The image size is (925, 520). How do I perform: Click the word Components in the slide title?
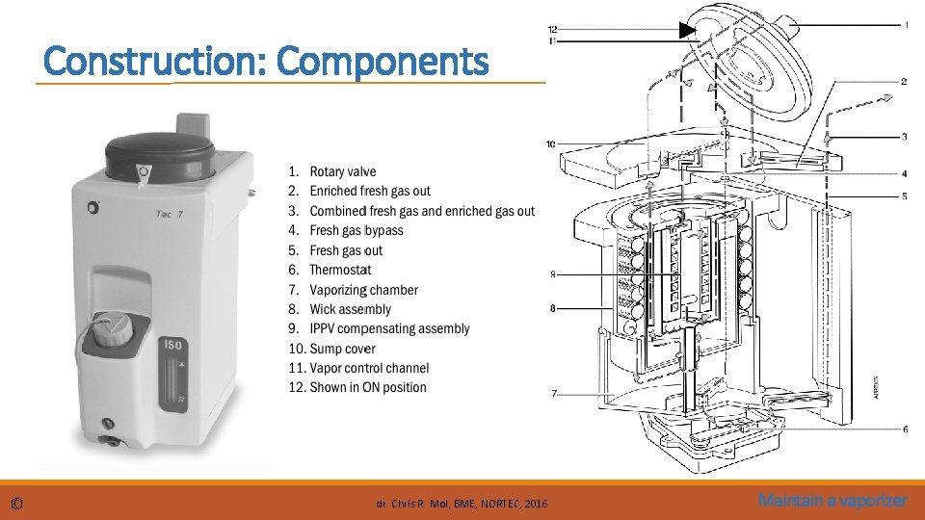382,62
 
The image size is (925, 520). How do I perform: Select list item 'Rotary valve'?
342,171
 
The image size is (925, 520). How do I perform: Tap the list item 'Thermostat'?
339,270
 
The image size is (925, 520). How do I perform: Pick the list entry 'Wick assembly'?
350,309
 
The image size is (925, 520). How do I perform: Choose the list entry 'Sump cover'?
342,349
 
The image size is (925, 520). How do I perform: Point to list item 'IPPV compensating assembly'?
389,328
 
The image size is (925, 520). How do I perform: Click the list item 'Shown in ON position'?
367,387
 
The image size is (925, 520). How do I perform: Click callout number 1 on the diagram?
906,24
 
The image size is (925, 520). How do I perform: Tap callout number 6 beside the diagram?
906,429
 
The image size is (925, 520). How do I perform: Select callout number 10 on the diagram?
550,144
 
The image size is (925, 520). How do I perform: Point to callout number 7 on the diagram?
552,393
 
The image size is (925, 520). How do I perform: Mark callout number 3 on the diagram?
905,137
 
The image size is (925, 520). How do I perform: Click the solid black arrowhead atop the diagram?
685,30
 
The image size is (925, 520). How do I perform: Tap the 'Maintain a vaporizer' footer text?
832,501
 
